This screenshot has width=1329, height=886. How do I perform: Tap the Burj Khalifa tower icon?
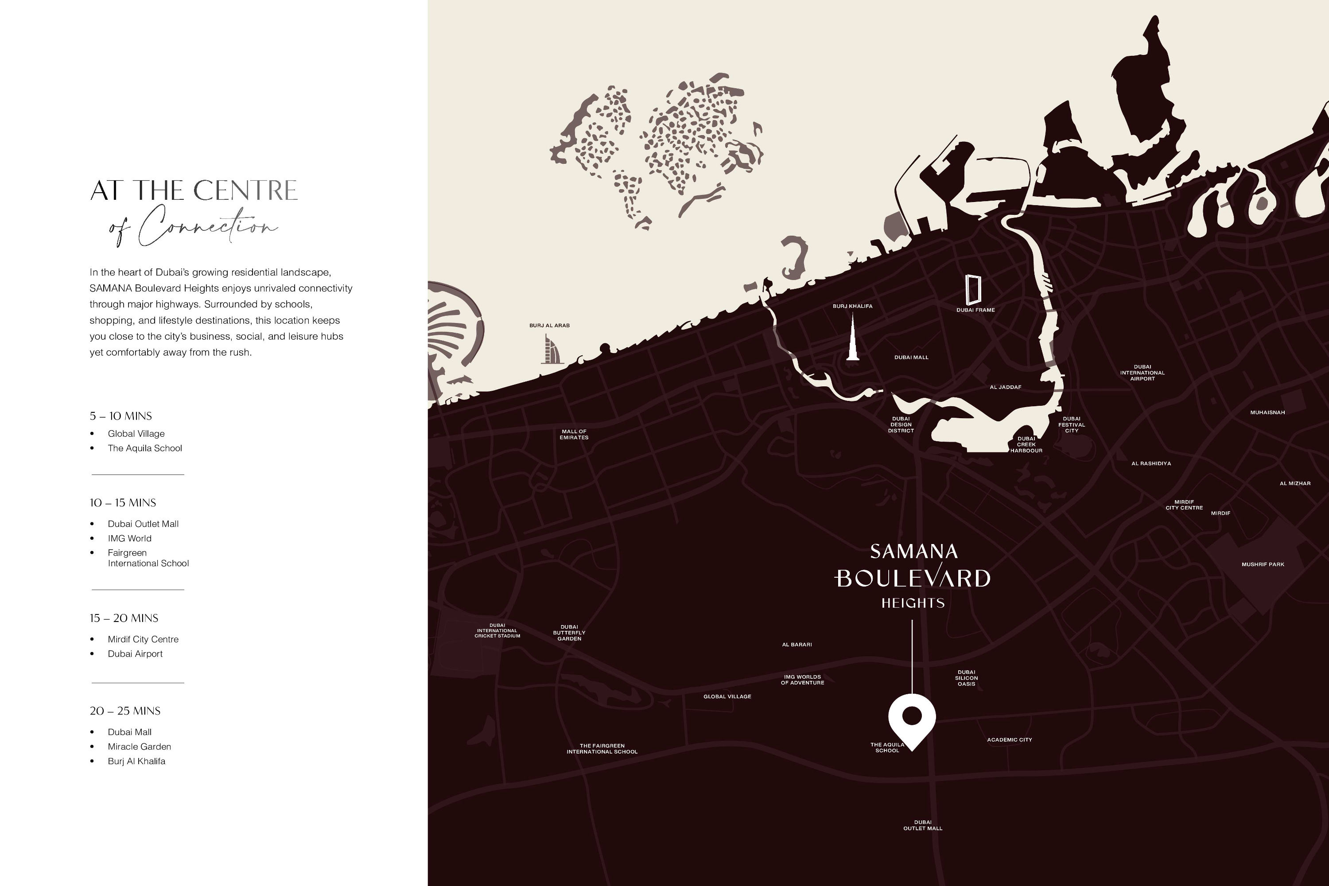pyautogui.click(x=853, y=339)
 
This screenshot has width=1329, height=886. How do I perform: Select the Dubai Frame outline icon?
pyautogui.click(x=973, y=290)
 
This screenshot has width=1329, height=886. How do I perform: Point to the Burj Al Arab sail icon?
pyautogui.click(x=552, y=349)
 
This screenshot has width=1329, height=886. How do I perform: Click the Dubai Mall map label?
pyautogui.click(x=911, y=357)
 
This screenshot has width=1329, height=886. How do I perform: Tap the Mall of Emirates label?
pyautogui.click(x=574, y=435)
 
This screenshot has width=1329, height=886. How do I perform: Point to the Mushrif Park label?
pyautogui.click(x=1262, y=564)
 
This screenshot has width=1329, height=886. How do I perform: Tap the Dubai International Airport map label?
pyautogui.click(x=1142, y=373)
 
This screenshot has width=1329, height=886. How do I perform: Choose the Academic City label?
pyautogui.click(x=1009, y=740)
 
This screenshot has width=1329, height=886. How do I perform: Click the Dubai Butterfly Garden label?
pyautogui.click(x=569, y=633)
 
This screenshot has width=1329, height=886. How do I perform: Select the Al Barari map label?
pyautogui.click(x=797, y=644)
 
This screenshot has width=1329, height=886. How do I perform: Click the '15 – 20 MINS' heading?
pyautogui.click(x=124, y=618)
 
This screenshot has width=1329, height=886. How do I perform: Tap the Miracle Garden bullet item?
pyautogui.click(x=139, y=746)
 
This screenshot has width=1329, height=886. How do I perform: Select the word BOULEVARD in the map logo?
pyautogui.click(x=913, y=578)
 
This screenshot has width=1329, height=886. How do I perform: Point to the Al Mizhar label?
pyautogui.click(x=1294, y=483)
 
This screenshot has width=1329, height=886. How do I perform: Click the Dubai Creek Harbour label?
pyautogui.click(x=1026, y=445)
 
